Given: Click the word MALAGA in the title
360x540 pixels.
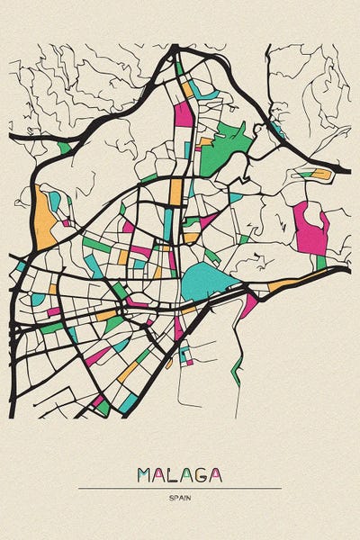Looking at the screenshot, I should (180, 474).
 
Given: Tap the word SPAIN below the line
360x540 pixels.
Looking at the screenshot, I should (180, 498).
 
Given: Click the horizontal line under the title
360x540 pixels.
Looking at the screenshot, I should (180, 489).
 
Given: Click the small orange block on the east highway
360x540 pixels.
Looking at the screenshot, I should (320, 174).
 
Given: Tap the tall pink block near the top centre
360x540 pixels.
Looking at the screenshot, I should (184, 113).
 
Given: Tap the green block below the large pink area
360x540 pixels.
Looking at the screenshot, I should (320, 262).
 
